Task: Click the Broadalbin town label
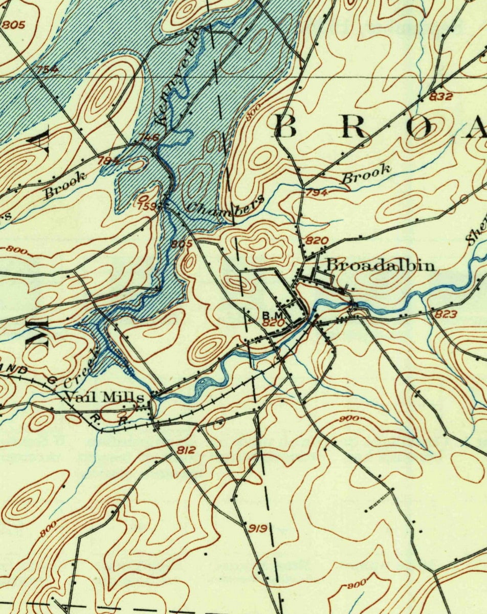click(381, 265)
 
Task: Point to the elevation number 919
click(257, 528)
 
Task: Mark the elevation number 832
click(440, 96)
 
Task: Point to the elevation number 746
click(149, 137)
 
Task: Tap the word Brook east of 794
click(366, 173)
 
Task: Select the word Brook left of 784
click(64, 185)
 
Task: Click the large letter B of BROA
click(286, 126)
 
